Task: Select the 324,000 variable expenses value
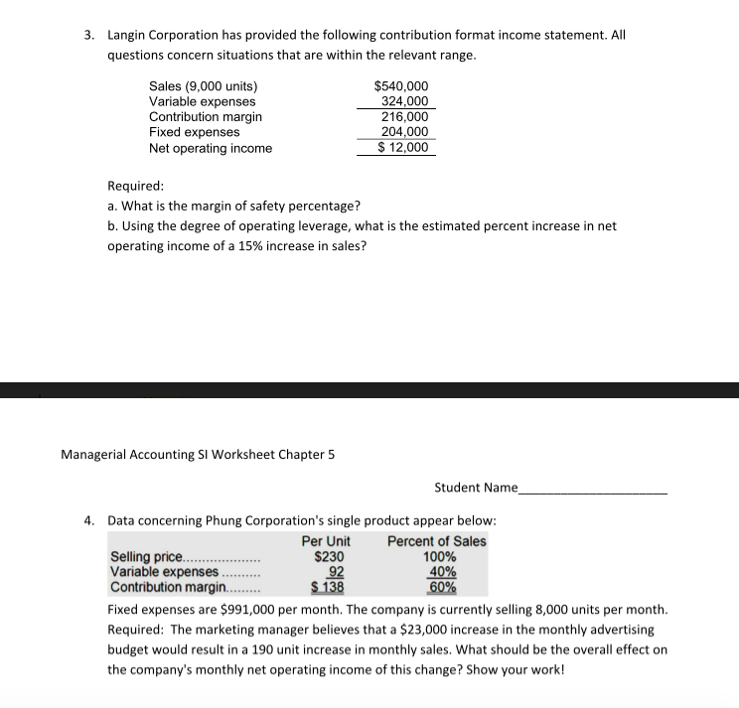405,101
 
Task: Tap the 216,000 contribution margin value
405,117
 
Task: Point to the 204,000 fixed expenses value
405,132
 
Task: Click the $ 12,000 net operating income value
403,148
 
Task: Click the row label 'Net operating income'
210,148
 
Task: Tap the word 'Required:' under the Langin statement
135,186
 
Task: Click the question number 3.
88,35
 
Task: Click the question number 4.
88,519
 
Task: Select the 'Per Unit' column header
325,541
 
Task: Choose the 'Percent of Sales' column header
436,541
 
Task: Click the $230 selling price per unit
329,557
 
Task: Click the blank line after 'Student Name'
593,488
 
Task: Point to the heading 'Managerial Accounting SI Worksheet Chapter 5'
198,455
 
